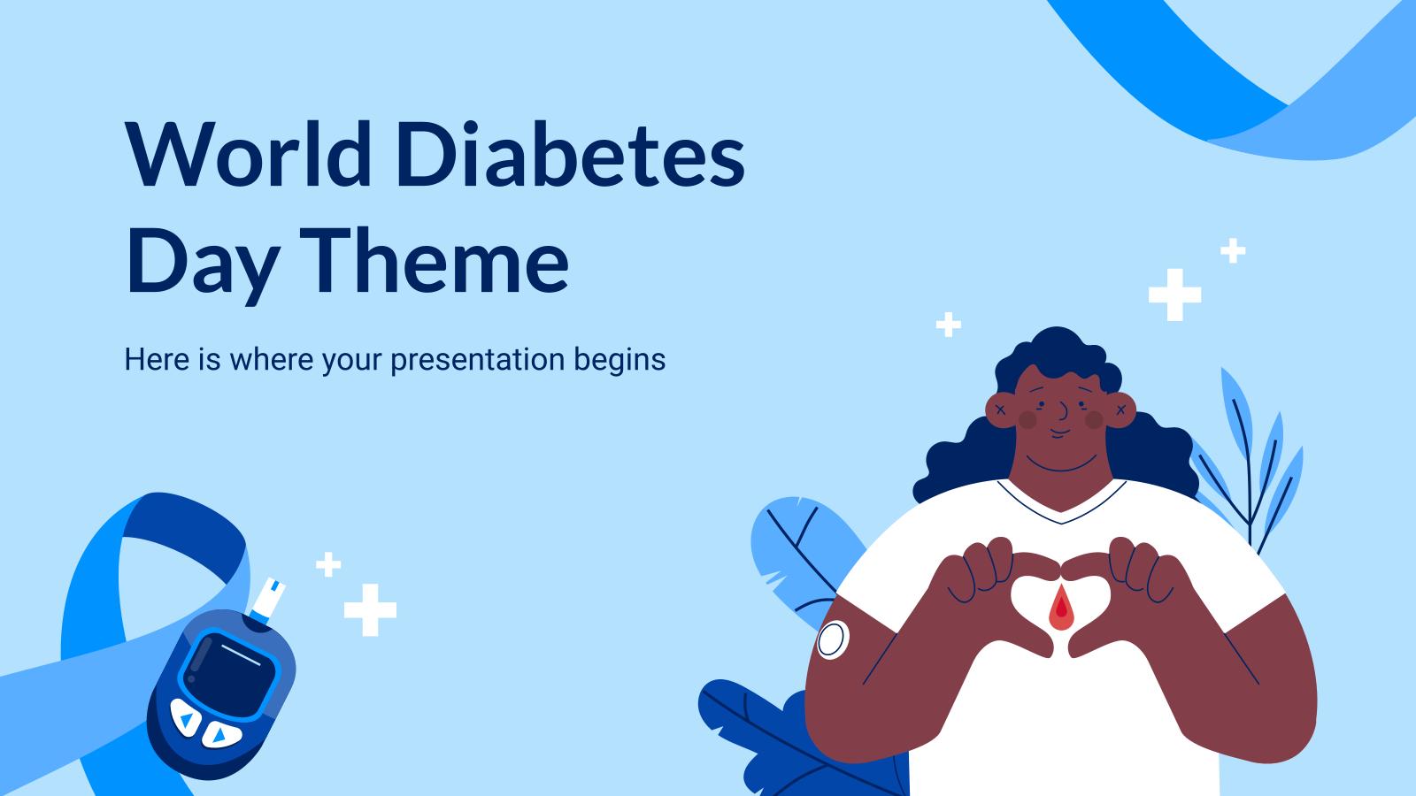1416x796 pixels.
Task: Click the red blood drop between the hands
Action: point(1061,609)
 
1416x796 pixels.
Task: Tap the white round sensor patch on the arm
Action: point(833,639)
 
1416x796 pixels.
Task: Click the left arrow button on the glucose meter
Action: point(185,720)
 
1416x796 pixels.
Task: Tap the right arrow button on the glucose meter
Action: point(219,733)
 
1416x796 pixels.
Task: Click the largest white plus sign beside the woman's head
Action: point(1174,295)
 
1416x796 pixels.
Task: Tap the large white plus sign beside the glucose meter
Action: point(370,609)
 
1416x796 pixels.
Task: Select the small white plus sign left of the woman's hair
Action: point(948,325)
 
